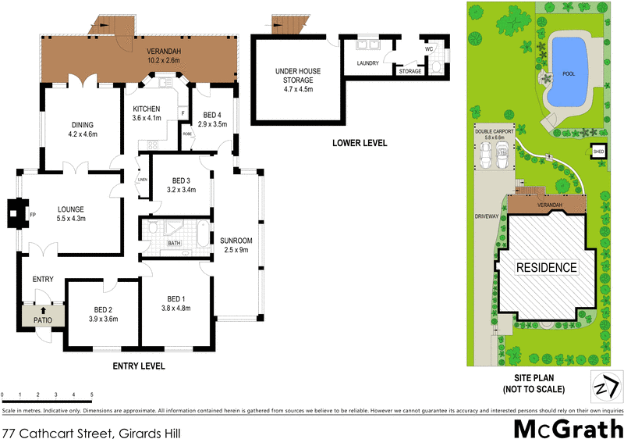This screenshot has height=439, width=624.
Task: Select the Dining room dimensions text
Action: [83, 134]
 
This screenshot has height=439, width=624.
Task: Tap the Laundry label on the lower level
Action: [367, 63]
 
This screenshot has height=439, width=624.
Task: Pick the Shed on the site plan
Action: [598, 151]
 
